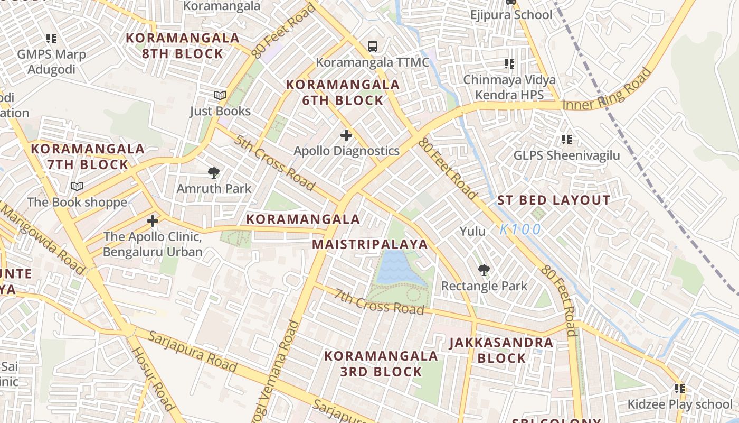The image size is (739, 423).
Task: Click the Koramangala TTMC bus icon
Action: pyautogui.click(x=373, y=46)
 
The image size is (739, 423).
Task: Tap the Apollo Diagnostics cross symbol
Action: pyautogui.click(x=346, y=135)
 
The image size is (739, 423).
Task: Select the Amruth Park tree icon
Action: pyautogui.click(x=214, y=172)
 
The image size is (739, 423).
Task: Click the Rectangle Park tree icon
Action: pyautogui.click(x=484, y=270)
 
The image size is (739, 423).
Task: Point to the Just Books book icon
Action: pyautogui.click(x=220, y=95)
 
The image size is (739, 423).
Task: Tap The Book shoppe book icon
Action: pyautogui.click(x=77, y=186)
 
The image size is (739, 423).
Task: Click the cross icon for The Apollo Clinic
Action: pyautogui.click(x=153, y=220)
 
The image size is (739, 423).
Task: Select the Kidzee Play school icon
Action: pyautogui.click(x=679, y=389)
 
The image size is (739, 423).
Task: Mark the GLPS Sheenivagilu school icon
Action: pyautogui.click(x=567, y=140)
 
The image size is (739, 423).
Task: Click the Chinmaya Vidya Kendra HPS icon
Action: pyautogui.click(x=509, y=64)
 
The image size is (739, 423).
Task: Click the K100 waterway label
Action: pyautogui.click(x=520, y=229)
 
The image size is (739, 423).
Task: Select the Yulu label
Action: pyautogui.click(x=472, y=231)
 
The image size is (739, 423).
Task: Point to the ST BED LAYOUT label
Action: pyautogui.click(x=554, y=200)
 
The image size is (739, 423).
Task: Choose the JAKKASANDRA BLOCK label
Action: pyautogui.click(x=501, y=350)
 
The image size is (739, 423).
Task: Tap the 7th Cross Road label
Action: pyautogui.click(x=379, y=302)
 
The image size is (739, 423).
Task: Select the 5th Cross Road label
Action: pyautogui.click(x=274, y=163)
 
